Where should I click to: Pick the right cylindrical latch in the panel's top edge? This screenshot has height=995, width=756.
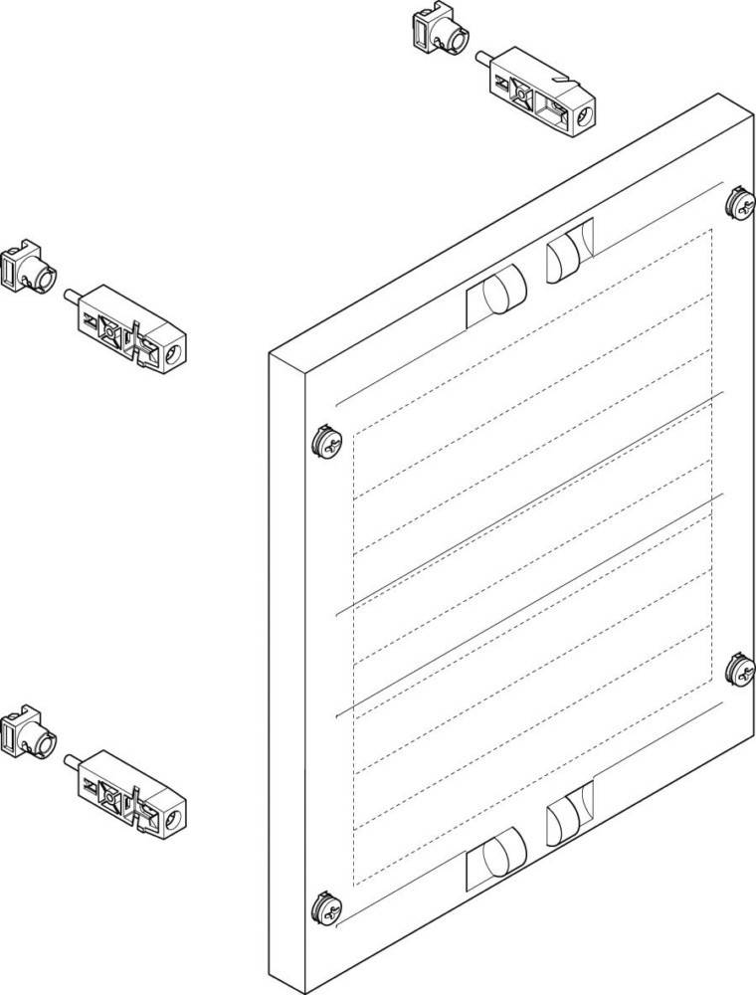pos(568,254)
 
